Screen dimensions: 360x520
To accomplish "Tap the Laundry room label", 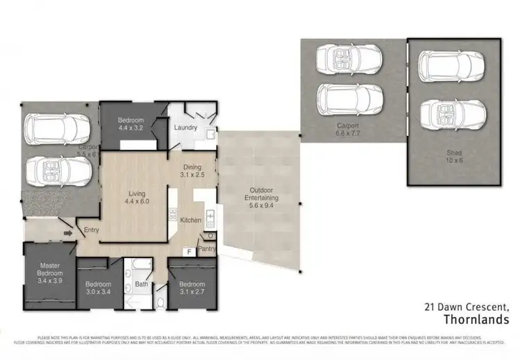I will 185,128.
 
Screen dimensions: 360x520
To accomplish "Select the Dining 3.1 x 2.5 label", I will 192,171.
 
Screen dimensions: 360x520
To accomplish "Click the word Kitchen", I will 191,221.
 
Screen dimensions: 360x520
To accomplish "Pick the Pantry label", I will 207,248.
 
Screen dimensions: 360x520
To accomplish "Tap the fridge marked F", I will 187,252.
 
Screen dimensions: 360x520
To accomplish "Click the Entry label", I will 92,230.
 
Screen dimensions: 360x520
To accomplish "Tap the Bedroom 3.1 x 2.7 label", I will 191,288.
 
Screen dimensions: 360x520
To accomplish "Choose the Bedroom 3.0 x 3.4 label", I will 98,288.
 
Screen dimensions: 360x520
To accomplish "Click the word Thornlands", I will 476,318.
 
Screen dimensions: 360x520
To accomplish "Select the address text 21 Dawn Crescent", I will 467,306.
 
